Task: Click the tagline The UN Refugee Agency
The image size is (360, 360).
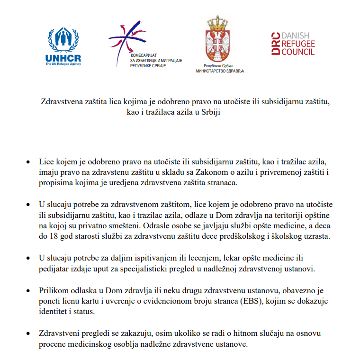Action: point(63,64)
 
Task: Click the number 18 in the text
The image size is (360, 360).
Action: point(53,236)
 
